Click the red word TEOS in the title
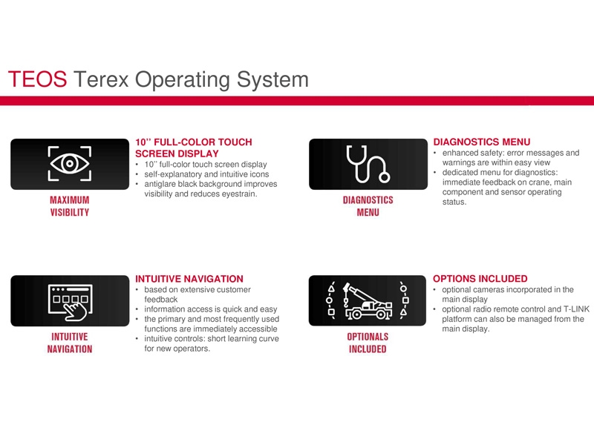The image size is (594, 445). (38, 79)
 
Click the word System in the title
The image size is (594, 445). (272, 80)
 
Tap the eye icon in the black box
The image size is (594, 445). (70, 163)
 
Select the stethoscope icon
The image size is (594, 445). (368, 164)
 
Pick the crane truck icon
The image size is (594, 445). (368, 301)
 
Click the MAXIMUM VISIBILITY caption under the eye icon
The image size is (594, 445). (70, 206)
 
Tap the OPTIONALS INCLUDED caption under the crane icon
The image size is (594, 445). (368, 343)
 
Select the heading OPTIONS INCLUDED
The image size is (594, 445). (480, 279)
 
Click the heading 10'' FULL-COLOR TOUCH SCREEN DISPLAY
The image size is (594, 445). (194, 148)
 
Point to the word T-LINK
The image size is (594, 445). (576, 309)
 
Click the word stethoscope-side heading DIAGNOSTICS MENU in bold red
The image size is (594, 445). (481, 142)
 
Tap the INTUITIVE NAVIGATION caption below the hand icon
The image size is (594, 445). (70, 343)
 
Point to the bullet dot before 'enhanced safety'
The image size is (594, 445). (435, 154)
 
